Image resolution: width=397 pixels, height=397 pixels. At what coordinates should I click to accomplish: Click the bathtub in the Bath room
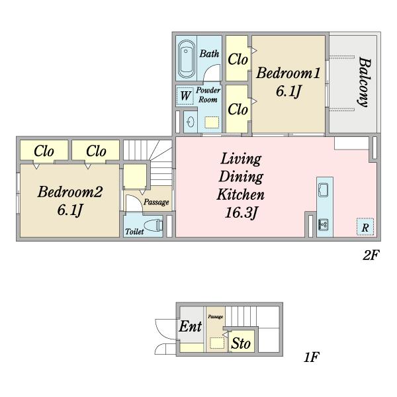coord(187,60)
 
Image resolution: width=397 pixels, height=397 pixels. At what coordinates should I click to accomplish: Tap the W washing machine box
coord(185,96)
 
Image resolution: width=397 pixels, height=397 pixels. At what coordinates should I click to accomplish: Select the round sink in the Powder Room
coord(190,122)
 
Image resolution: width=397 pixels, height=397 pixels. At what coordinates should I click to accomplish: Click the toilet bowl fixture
coord(153,225)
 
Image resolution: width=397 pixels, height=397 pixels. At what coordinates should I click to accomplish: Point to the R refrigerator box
coord(365,227)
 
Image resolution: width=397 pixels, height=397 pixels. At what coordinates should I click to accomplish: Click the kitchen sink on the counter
coord(324,190)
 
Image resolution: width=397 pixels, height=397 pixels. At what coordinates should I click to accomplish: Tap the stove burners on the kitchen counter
coord(324,224)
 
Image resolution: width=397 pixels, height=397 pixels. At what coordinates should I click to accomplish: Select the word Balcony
coord(365,82)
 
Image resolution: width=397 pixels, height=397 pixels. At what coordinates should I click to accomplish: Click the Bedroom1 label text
coord(288,73)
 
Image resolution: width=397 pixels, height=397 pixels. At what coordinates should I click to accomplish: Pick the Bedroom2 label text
coord(70,192)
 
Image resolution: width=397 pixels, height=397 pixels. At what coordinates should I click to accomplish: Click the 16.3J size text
coord(241,212)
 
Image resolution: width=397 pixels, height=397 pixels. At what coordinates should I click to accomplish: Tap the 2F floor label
coord(371,255)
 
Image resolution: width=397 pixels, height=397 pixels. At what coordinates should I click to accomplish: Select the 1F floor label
coord(312,357)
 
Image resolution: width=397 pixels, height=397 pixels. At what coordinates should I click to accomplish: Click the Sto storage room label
coord(241,343)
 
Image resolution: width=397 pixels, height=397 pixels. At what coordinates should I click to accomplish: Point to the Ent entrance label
coord(191,326)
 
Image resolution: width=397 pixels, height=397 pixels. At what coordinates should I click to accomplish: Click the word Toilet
coord(135,232)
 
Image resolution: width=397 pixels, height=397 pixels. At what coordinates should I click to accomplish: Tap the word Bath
coord(209,54)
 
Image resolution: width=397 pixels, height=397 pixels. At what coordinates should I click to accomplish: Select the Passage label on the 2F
coord(156,202)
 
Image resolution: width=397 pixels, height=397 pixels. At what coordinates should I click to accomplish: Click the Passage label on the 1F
coord(216,317)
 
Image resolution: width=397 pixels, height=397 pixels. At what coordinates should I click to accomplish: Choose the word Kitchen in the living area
coord(241,195)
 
